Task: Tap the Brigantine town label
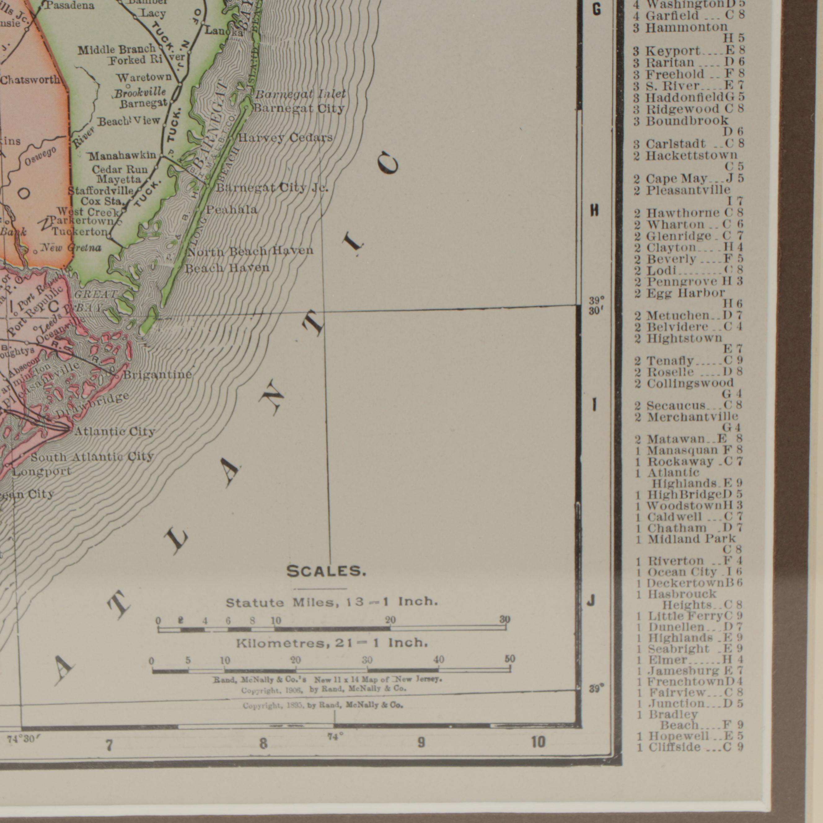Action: pos(157,375)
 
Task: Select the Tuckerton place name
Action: pos(80,232)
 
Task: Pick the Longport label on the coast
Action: pos(41,472)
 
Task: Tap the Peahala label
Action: pos(232,209)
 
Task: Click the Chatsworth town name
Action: pos(30,80)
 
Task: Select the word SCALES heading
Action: pos(326,572)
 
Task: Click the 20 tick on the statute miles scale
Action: pos(390,621)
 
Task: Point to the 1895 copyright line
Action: pos(323,706)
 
